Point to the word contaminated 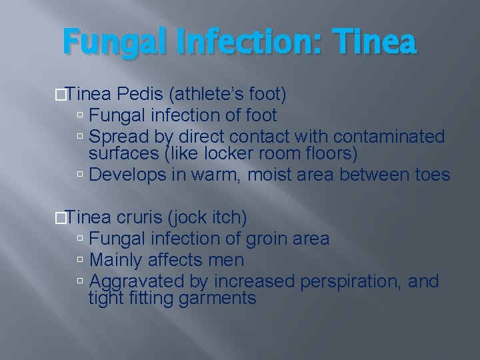tap(389, 137)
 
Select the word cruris tap(141, 217)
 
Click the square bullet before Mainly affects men tap(80, 260)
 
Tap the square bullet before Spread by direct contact tap(80, 137)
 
